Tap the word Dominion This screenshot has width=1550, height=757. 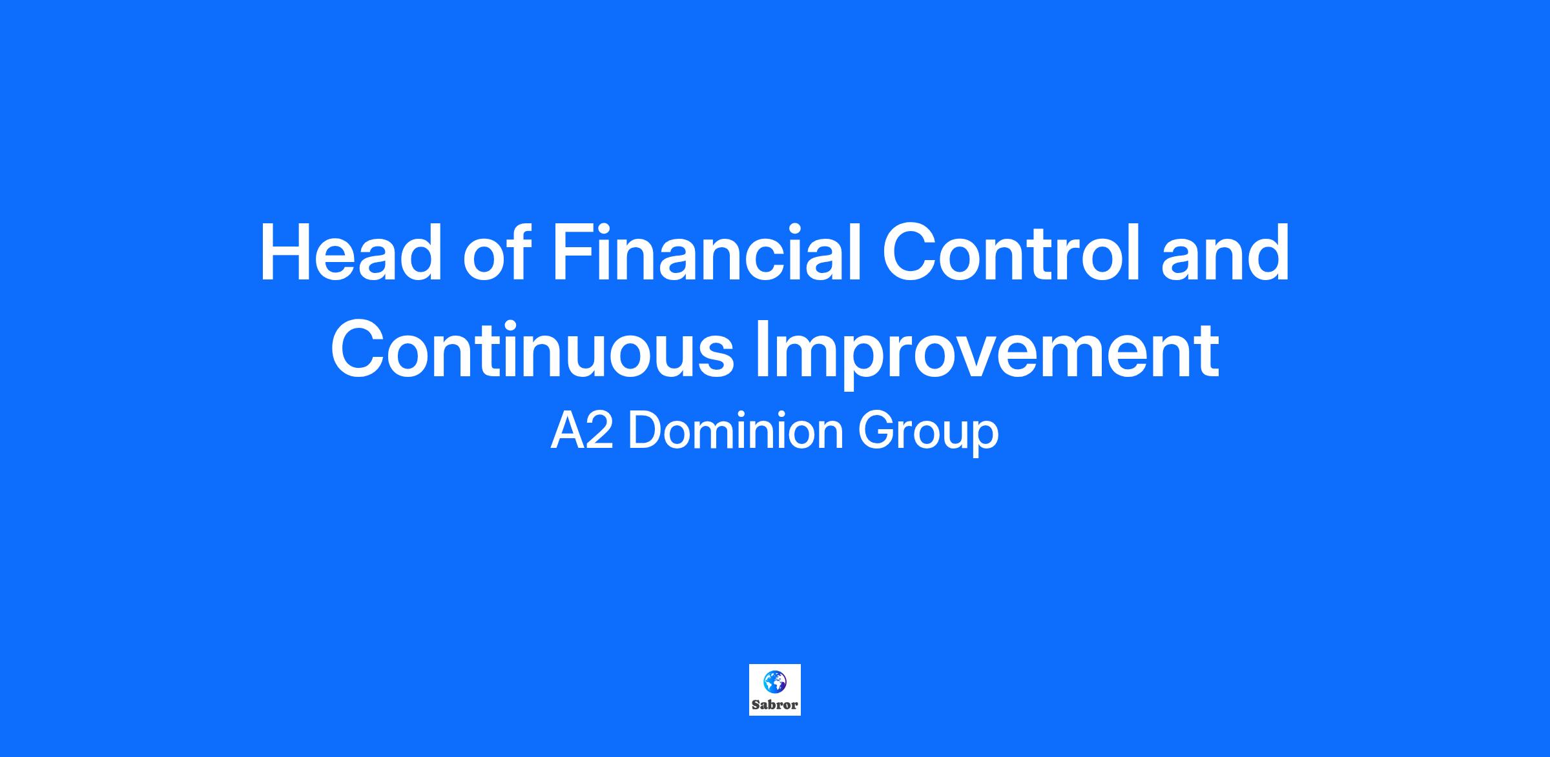click(x=736, y=430)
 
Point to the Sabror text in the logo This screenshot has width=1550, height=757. click(x=775, y=705)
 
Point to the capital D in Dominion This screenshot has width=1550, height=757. click(x=645, y=431)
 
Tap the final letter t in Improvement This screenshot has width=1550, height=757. click(x=1208, y=352)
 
